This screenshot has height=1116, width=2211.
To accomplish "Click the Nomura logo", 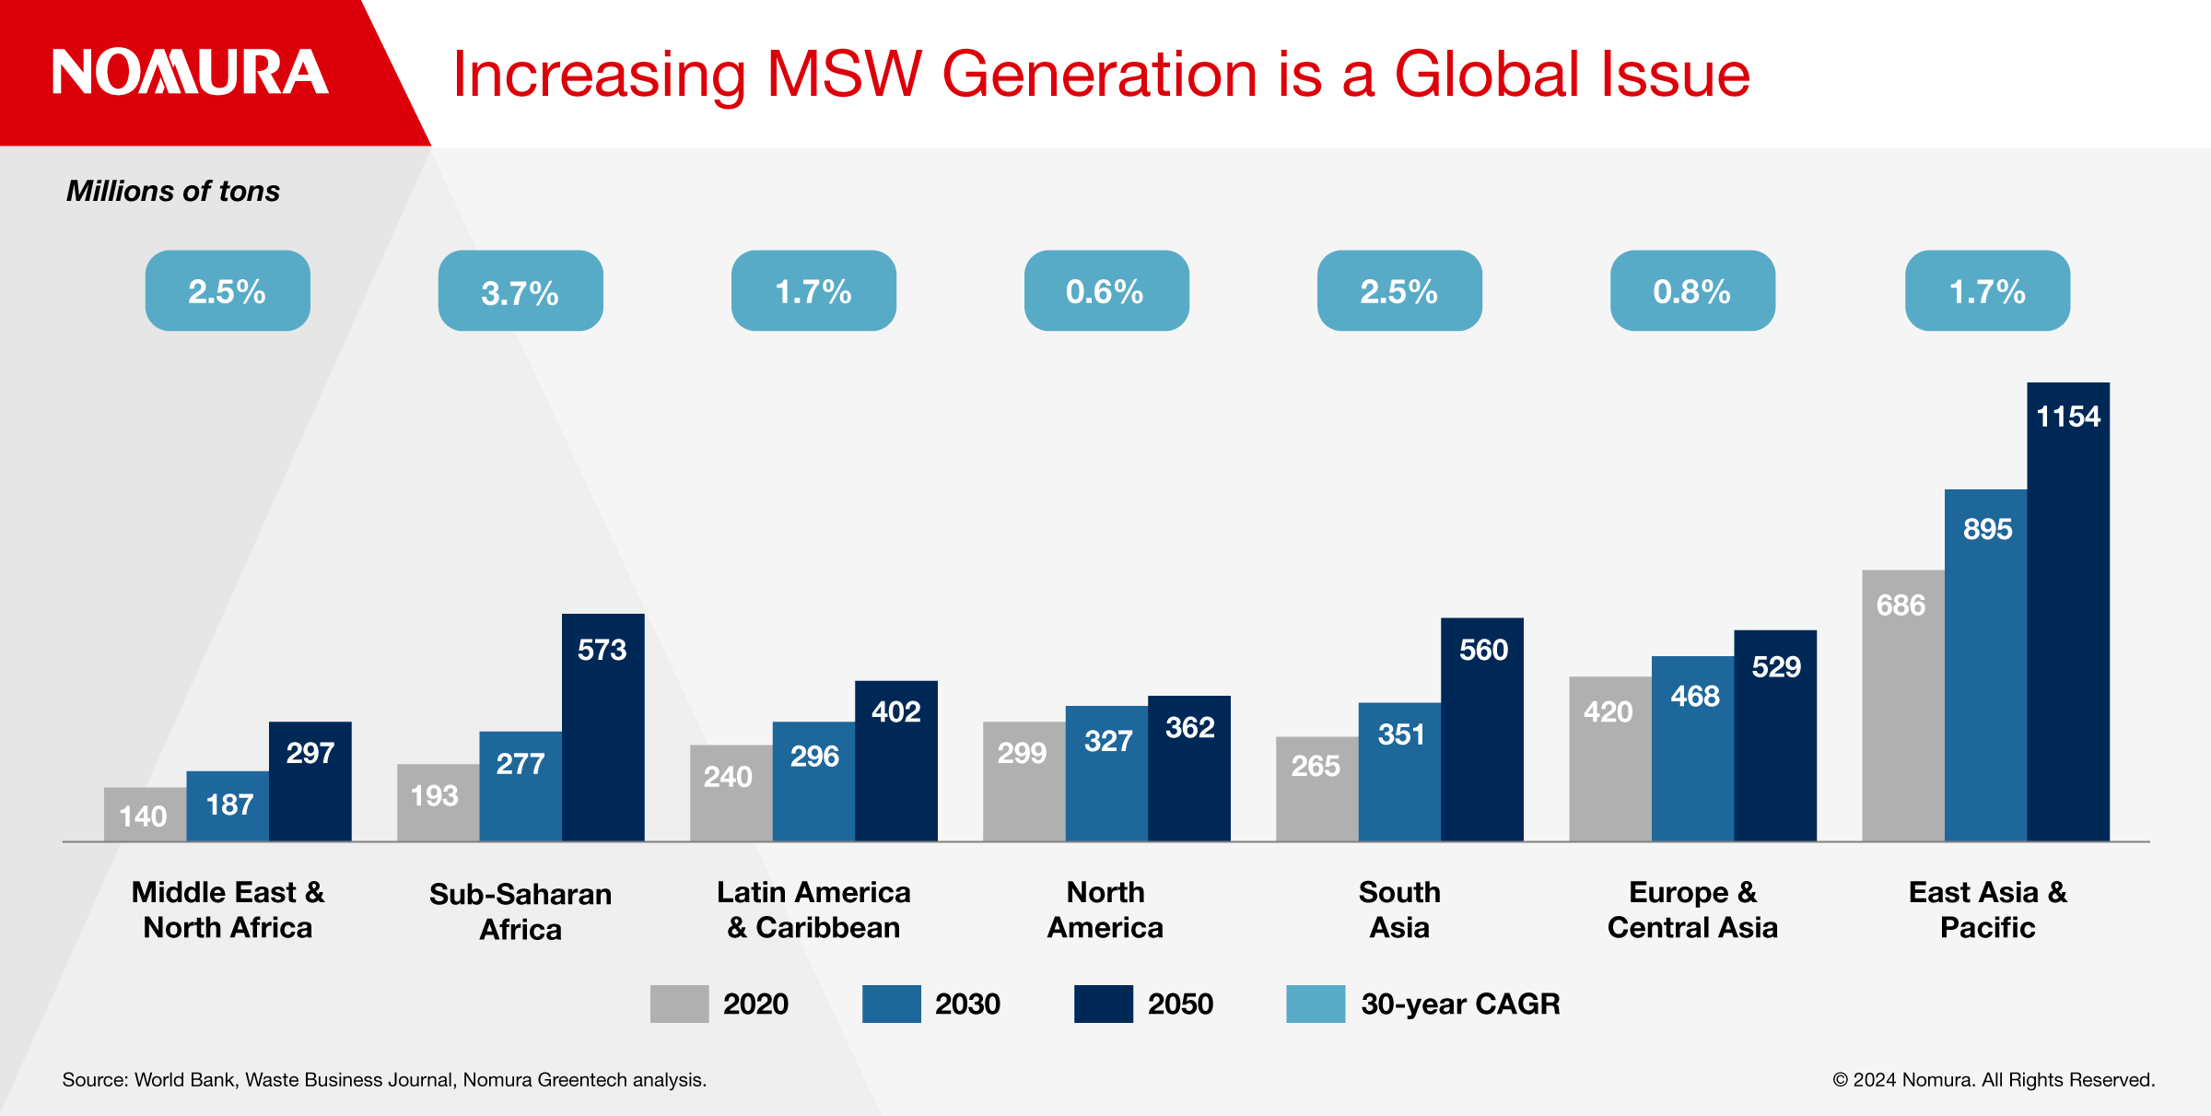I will tap(190, 72).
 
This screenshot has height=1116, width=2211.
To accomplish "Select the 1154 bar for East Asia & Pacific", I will tap(2067, 612).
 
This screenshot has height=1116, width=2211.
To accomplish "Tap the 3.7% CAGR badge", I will tap(521, 291).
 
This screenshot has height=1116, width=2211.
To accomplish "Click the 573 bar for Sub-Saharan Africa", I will tap(602, 727).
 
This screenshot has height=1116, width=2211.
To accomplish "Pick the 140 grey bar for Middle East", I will tap(145, 814).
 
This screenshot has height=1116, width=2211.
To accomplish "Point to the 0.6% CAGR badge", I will tap(1105, 291).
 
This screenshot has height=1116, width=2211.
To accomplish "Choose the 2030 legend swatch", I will tap(891, 1004).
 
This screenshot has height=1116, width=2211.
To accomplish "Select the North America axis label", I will tap(1105, 910).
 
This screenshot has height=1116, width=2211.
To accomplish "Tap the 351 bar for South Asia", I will tap(1399, 771).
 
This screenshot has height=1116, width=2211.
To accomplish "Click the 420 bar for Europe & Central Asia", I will tap(1609, 758).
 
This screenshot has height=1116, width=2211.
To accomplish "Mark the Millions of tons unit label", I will tap(173, 191).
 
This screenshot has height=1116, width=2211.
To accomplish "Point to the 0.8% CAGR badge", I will tap(1692, 291).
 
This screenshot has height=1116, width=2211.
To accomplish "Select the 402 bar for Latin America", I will tap(895, 760).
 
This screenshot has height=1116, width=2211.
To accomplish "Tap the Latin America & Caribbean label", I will tap(813, 910).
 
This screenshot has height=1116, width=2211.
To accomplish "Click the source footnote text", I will tap(384, 1079).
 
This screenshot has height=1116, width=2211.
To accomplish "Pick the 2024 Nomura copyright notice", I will tap(1994, 1079).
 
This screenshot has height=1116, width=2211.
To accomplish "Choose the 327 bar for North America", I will tap(1106, 773).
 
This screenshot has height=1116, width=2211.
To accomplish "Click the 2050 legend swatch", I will tap(1103, 1004).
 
